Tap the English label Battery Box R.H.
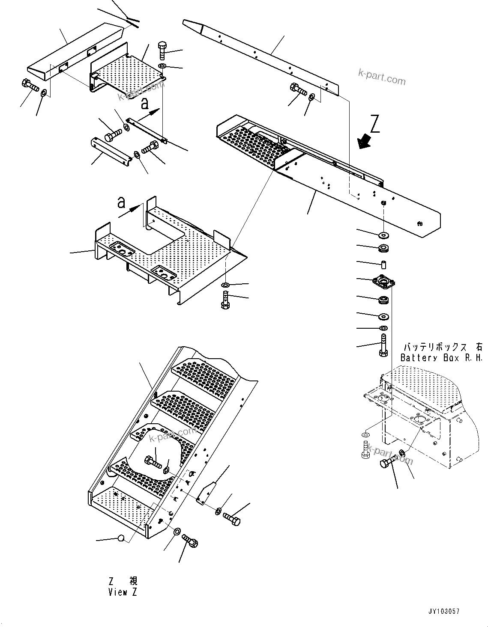[x=441, y=358]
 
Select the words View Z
[x=123, y=592]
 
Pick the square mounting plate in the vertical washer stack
[x=383, y=282]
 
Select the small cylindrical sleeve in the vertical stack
[x=383, y=264]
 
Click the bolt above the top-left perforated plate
[x=163, y=51]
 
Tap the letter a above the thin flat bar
[x=145, y=103]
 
